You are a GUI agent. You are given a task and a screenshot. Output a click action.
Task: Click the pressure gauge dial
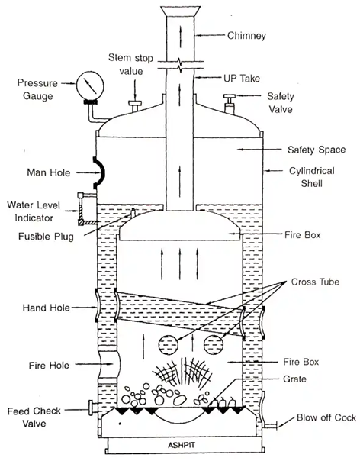coord(90,85)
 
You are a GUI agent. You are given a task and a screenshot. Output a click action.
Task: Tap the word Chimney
coord(246,36)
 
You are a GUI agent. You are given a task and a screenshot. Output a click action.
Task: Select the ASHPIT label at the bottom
coord(182,445)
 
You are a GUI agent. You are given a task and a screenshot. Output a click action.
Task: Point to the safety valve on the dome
coord(230,104)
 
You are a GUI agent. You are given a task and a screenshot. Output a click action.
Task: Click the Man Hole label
coord(49,172)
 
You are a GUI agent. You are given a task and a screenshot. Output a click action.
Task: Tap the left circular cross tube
coord(169,346)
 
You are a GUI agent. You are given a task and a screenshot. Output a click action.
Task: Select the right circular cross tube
coord(214,345)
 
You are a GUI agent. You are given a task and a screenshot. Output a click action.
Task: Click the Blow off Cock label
coord(326,417)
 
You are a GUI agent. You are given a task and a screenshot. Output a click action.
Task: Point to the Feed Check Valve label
coord(34,417)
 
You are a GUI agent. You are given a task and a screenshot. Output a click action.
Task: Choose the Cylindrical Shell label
coord(311,177)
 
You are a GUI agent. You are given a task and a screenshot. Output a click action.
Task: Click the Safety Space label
coord(317,150)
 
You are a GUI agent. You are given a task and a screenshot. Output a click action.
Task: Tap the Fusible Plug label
coord(46,237)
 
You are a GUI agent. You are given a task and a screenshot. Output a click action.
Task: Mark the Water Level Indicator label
coord(34,211)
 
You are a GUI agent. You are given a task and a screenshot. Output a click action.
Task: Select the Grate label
coord(294,379)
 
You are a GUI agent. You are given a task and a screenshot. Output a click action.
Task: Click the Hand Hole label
coord(47,308)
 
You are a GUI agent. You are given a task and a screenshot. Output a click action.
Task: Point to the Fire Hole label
coord(49,366)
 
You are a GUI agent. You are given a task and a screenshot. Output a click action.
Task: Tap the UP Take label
coord(242,79)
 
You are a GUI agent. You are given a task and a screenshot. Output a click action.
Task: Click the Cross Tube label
coord(315,282)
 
